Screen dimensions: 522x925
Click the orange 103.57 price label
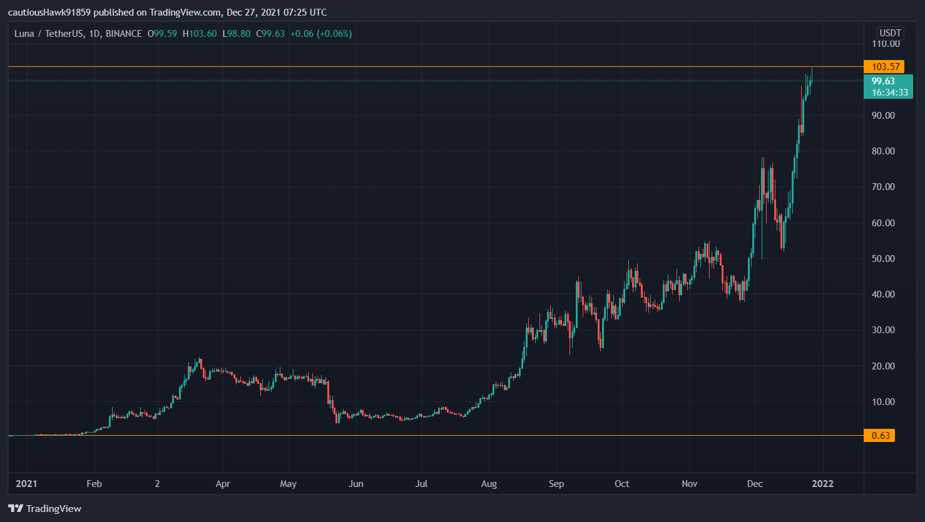click(884, 67)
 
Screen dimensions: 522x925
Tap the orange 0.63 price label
click(879, 436)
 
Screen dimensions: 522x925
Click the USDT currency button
click(890, 33)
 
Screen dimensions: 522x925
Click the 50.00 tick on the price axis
click(883, 259)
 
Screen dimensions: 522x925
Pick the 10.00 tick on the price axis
click(883, 402)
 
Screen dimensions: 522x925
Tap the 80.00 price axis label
click(883, 151)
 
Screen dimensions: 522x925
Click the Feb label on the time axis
click(94, 484)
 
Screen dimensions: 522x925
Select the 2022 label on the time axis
click(822, 484)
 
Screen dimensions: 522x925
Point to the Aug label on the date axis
click(489, 484)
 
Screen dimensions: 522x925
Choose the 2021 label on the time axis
click(26, 484)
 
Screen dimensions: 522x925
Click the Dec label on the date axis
click(755, 484)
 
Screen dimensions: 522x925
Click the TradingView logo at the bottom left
click(45, 509)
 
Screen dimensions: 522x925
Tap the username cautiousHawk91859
click(49, 13)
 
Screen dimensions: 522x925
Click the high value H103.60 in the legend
click(200, 34)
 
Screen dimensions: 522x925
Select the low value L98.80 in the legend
click(237, 34)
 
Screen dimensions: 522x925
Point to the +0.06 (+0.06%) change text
click(321, 34)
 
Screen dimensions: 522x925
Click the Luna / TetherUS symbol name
click(49, 34)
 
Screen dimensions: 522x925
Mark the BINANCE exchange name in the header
click(123, 34)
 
